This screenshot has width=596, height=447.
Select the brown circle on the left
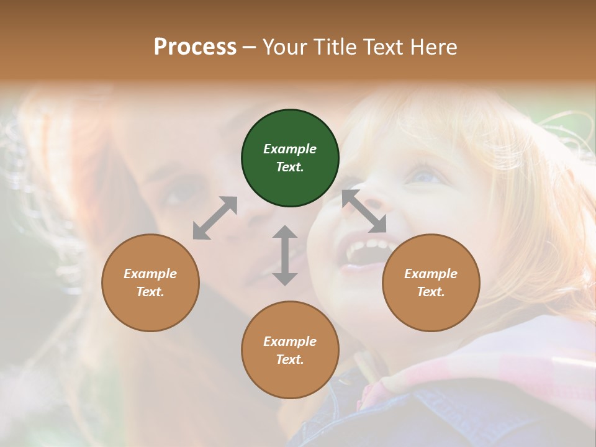point(150,282)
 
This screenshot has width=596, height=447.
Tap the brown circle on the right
point(431,282)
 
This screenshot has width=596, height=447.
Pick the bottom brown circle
point(290,350)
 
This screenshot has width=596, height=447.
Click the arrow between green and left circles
point(215,217)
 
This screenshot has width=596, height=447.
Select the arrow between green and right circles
point(364,211)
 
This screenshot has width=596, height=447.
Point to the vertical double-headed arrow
point(285,255)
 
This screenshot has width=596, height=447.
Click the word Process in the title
point(195,47)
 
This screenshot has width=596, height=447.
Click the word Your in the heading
point(283,47)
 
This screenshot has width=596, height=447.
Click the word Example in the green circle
point(290,149)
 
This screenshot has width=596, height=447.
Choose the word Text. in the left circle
point(150,292)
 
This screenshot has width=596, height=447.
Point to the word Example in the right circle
point(431,274)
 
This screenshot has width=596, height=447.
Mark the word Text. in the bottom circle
point(290,359)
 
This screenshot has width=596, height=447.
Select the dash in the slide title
point(250,47)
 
